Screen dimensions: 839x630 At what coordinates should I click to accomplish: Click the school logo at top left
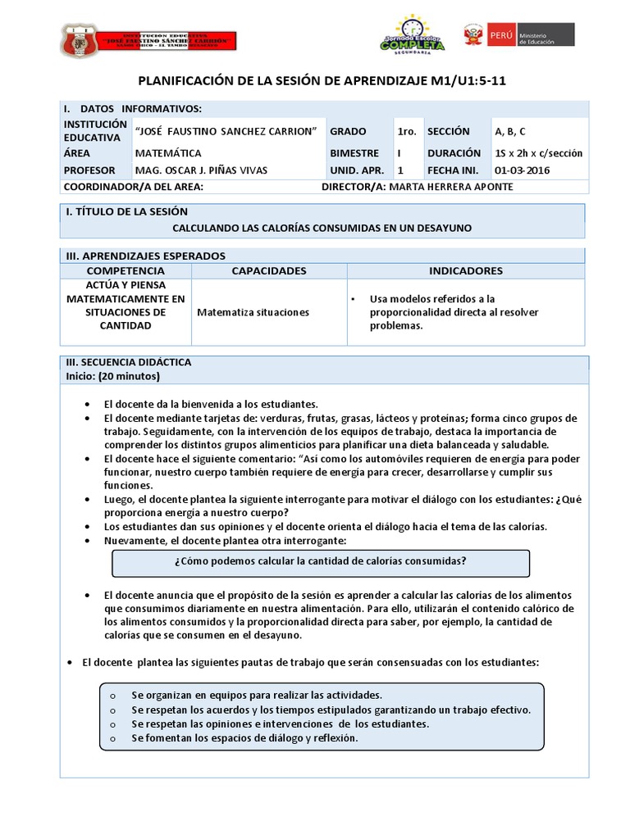click(148, 40)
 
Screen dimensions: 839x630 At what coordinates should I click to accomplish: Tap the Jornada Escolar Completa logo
click(412, 35)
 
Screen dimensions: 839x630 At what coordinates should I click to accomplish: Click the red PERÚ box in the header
click(500, 34)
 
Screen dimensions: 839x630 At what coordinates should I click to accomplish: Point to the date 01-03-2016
click(523, 170)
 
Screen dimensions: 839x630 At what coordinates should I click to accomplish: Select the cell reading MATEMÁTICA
click(168, 153)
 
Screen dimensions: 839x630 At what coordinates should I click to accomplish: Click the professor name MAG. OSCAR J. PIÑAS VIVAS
click(201, 170)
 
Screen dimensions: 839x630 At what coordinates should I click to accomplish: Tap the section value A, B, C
click(510, 131)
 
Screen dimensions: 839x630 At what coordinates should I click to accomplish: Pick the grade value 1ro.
click(407, 131)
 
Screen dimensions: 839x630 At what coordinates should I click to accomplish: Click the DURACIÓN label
click(454, 153)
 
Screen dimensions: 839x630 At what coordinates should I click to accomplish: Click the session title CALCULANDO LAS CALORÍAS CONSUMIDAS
click(322, 228)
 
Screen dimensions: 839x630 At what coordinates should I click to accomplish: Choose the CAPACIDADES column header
click(268, 270)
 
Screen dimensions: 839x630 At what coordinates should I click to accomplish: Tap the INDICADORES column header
click(465, 270)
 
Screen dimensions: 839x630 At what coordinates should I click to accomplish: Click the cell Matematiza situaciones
click(253, 312)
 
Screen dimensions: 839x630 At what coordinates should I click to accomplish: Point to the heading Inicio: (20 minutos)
click(112, 376)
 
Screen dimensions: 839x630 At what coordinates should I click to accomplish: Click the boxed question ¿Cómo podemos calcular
click(321, 561)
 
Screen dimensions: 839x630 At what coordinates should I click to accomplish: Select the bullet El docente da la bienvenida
click(210, 404)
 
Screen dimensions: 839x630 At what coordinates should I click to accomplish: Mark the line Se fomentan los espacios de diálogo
click(244, 738)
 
